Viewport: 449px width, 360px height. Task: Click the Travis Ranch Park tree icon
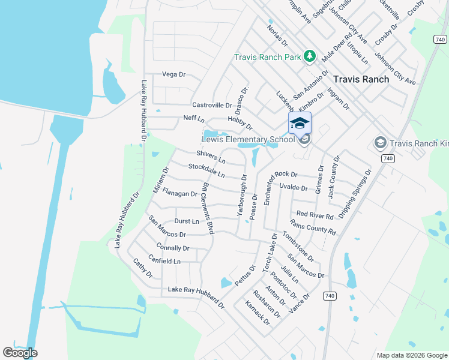point(309,57)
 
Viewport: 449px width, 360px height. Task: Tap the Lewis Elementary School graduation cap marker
point(300,124)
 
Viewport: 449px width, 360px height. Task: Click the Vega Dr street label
point(174,74)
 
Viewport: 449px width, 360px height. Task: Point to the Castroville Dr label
point(211,105)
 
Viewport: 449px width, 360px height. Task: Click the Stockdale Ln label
point(206,170)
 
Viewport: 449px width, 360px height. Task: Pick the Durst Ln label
point(186,221)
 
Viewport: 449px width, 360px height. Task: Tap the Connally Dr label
point(172,248)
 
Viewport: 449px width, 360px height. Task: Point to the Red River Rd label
point(315,214)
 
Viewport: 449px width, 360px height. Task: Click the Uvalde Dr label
point(294,188)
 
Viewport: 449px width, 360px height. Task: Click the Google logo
point(20,353)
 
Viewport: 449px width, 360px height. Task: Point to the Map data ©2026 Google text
point(411,355)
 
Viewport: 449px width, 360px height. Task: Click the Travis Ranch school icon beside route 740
point(379,143)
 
